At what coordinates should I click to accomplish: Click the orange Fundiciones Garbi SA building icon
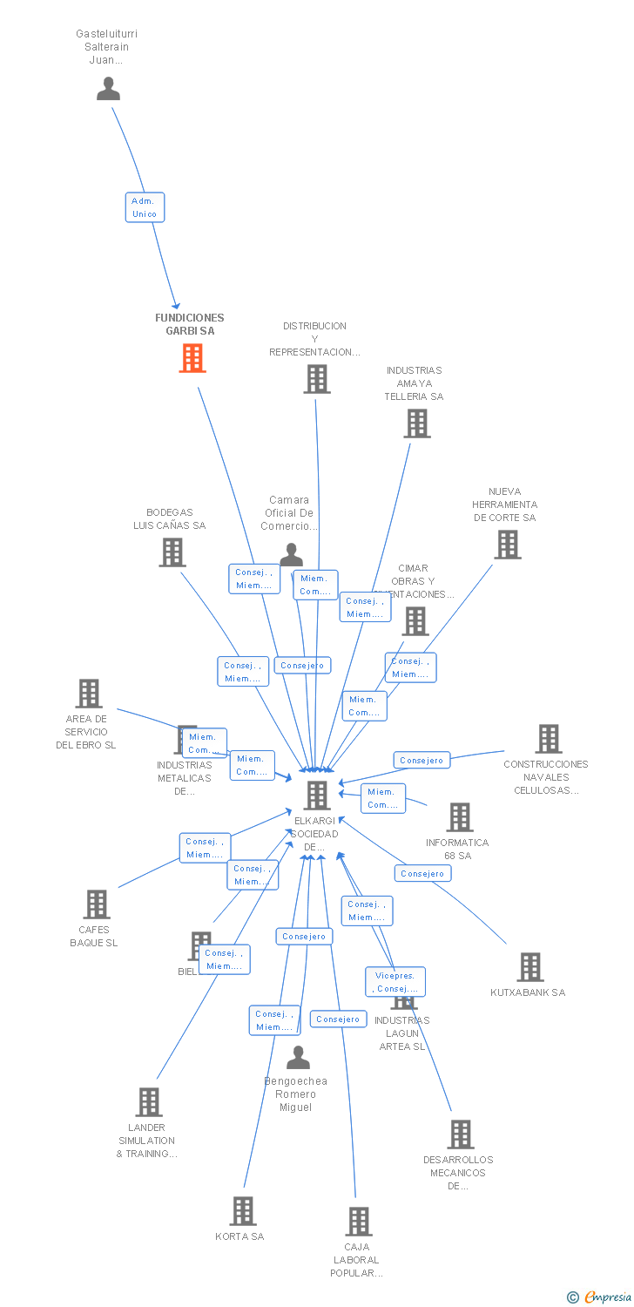point(192,358)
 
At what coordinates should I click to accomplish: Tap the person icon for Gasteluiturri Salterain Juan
point(108,89)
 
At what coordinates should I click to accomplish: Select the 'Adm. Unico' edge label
point(144,207)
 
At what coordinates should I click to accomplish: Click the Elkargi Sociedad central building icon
point(317,795)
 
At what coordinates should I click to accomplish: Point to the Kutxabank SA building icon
point(529,967)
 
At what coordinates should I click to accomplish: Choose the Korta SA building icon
point(242,1211)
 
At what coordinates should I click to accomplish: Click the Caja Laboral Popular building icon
point(358,1222)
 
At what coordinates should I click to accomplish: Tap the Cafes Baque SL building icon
point(96,904)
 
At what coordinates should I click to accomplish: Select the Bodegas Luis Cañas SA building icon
point(172,552)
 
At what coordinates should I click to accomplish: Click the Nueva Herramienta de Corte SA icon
point(507,545)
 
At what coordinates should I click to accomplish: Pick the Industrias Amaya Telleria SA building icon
point(417,423)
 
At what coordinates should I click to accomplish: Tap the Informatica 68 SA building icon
point(459,817)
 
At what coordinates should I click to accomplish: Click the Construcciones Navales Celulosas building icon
point(548,739)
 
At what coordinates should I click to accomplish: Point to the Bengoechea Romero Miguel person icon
point(298,1058)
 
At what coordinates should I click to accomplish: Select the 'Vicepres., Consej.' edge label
point(395,982)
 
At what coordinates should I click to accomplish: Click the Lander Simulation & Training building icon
point(148,1102)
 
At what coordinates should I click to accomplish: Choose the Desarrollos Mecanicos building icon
point(461,1134)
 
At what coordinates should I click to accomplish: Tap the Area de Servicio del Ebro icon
point(89,694)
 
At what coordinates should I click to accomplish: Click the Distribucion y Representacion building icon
point(316,379)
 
